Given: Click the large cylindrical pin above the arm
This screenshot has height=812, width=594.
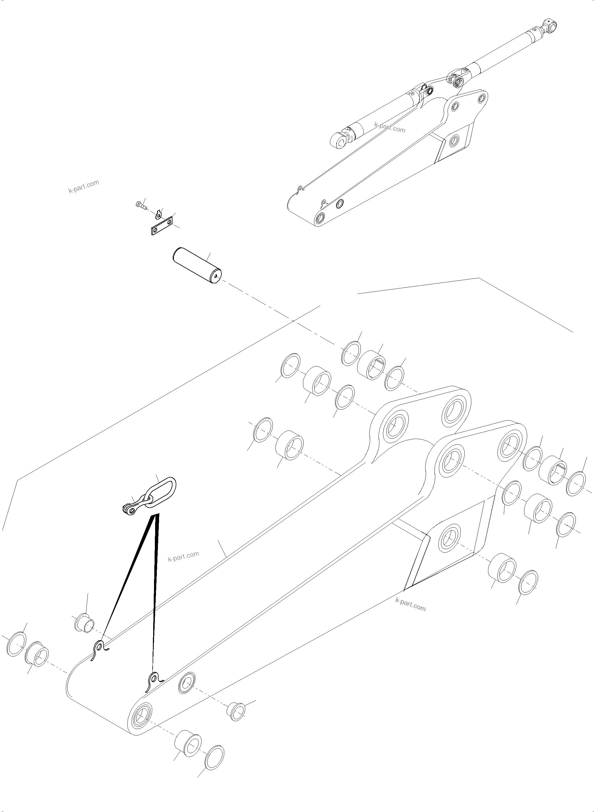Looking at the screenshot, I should click(x=196, y=265).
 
